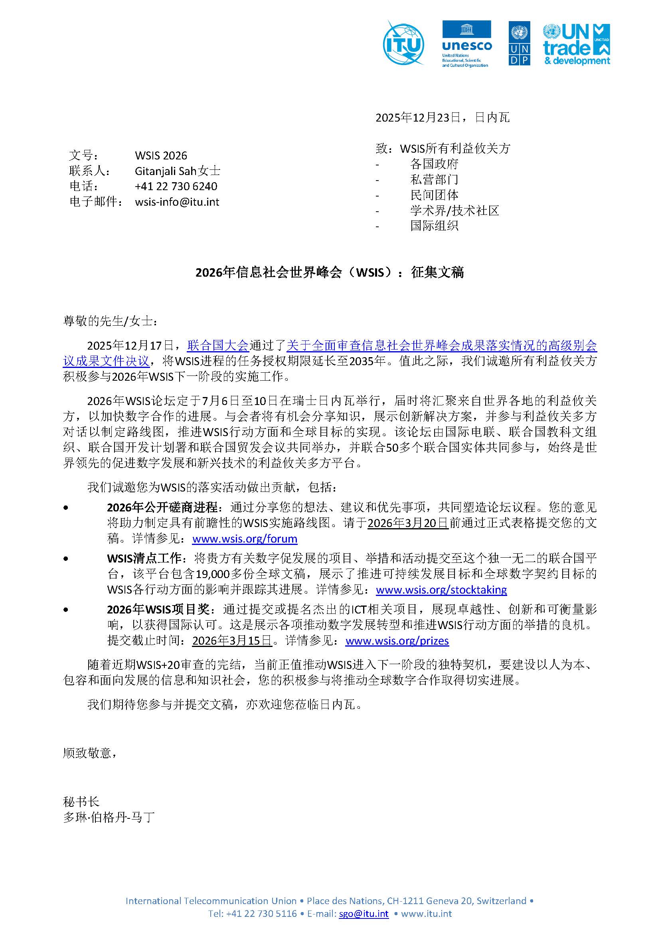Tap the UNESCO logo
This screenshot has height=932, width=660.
point(466,44)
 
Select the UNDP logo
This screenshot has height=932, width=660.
point(519,44)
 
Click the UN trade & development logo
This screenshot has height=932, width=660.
point(576,44)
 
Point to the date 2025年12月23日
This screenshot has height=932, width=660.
point(418,118)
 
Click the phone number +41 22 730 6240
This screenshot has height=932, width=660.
point(176,186)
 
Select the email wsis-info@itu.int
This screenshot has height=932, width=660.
point(177,202)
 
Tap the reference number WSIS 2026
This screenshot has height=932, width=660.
point(161,155)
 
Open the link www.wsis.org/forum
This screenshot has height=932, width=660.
point(245,539)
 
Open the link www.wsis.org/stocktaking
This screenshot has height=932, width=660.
point(441,590)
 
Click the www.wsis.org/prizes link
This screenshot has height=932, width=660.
point(397,641)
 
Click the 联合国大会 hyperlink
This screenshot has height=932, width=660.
point(217,346)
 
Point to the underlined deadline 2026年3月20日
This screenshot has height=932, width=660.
point(408,523)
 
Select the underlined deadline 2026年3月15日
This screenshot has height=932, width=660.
point(232,641)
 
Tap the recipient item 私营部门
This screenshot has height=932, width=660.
point(434,179)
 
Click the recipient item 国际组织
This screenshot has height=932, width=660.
point(434,226)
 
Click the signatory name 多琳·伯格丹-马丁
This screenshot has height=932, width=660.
point(109,817)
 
